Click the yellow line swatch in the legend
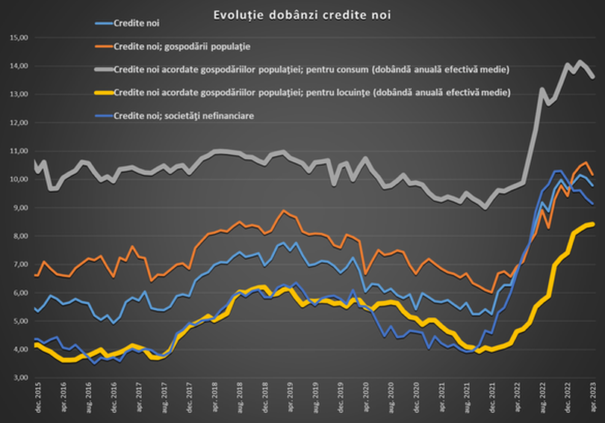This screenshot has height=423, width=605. pyautogui.click(x=96, y=93)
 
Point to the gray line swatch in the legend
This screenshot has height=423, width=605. pyautogui.click(x=96, y=70)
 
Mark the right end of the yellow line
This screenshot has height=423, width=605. pyautogui.click(x=593, y=223)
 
